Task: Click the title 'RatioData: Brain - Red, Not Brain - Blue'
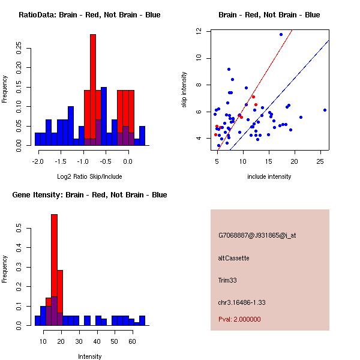point(89,15)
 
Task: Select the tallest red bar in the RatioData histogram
point(93,90)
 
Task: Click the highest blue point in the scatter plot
point(281,35)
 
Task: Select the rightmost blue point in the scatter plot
point(325,110)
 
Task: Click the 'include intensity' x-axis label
point(269,176)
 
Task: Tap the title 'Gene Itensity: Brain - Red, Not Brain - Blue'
point(89,195)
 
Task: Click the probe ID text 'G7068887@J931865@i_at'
point(257,235)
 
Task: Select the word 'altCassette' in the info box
point(234,258)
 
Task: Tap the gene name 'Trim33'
point(228,280)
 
